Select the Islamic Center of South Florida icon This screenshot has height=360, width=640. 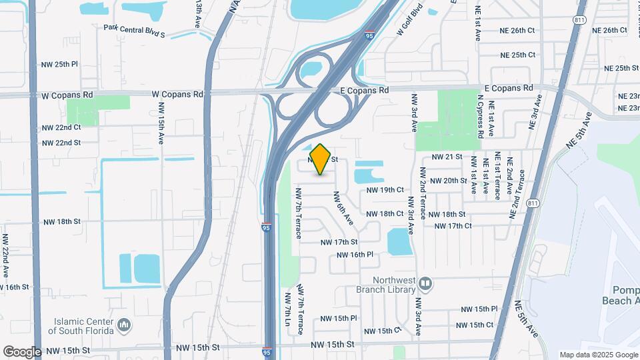(123, 325)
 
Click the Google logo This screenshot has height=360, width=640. (22, 352)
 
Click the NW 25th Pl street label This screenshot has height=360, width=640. (59, 65)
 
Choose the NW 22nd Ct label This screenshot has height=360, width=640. (61, 127)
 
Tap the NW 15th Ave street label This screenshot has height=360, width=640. (161, 124)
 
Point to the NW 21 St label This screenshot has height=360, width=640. (447, 157)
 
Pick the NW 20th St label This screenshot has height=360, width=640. (448, 181)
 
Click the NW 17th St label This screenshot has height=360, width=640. (339, 242)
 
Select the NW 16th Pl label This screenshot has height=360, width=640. (355, 255)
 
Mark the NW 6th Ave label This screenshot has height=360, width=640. (343, 207)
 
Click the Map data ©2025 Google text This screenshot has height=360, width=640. (598, 355)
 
